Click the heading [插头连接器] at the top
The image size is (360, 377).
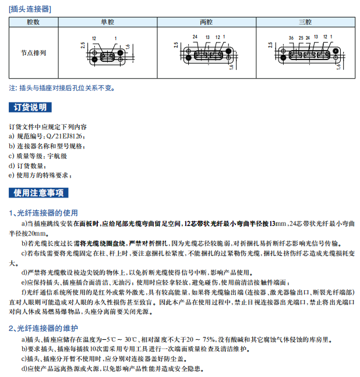tap(30, 9)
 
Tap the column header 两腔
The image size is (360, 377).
tap(207, 22)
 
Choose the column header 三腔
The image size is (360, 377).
tap(305, 22)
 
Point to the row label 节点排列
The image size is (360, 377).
tap(33, 52)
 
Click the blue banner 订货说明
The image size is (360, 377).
tap(30, 107)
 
